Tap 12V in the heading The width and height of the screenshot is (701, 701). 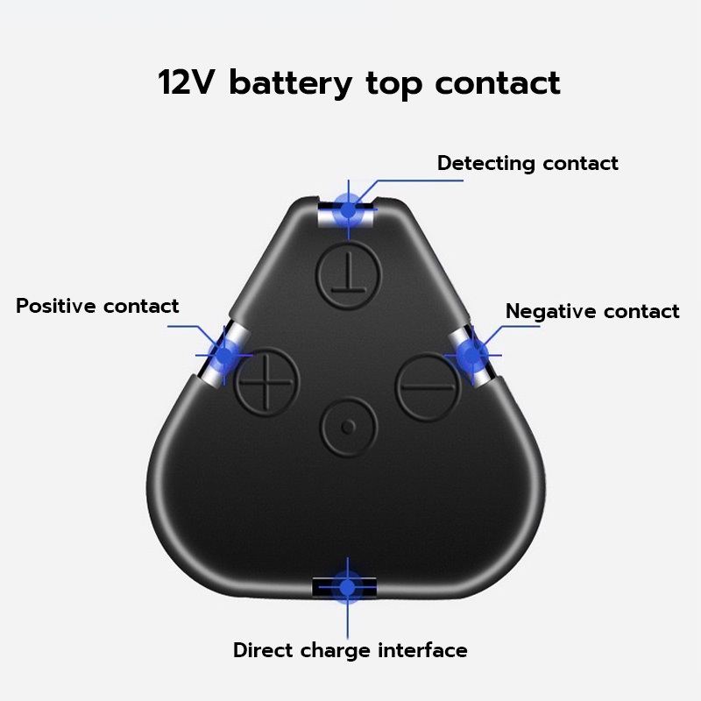pyautogui.click(x=188, y=83)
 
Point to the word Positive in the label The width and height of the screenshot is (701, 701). pyautogui.click(x=56, y=307)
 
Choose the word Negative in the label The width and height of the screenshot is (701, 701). pyautogui.click(x=549, y=312)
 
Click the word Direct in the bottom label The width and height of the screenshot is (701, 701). pyautogui.click(x=263, y=651)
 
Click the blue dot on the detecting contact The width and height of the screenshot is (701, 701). pyautogui.click(x=349, y=209)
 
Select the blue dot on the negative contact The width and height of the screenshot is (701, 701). pyautogui.click(x=471, y=354)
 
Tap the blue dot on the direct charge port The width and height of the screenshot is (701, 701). pyautogui.click(x=348, y=587)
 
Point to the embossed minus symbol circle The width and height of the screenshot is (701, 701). pyautogui.click(x=428, y=386)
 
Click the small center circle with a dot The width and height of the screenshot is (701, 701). pyautogui.click(x=349, y=427)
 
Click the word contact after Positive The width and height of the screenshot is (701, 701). pyautogui.click(x=141, y=307)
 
